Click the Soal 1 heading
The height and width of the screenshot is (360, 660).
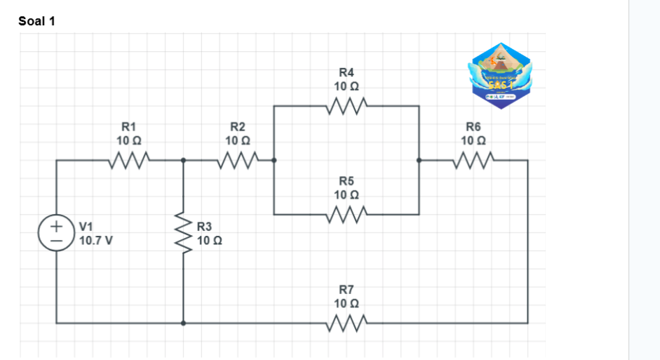click(x=37, y=21)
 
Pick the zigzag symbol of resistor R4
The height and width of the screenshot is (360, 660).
click(x=346, y=106)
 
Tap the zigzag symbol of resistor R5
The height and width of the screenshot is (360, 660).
click(x=346, y=213)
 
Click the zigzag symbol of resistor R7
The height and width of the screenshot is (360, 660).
click(x=346, y=323)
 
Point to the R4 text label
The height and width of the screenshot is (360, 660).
click(x=346, y=72)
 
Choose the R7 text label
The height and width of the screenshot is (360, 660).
click(x=346, y=289)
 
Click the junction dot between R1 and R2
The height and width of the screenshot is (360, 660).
click(x=183, y=161)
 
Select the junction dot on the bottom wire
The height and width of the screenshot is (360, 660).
click(x=183, y=324)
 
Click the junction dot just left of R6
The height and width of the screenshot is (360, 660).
click(x=419, y=161)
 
